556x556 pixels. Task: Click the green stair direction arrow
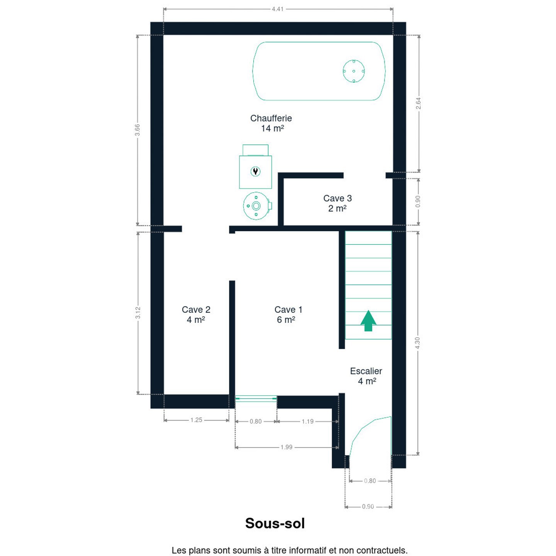point(368,320)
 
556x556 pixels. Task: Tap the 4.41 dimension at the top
point(278,9)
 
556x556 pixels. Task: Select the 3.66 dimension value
point(137,130)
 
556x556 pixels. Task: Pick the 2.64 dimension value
point(418,103)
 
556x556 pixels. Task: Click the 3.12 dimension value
point(138,313)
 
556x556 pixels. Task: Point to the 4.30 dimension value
point(417,343)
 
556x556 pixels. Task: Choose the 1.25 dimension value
point(196,420)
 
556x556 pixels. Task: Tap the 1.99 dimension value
point(286,447)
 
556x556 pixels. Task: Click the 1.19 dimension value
point(308,421)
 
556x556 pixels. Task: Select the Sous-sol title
point(275,523)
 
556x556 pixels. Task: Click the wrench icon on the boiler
point(255,171)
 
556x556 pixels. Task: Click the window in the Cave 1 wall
point(256,398)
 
